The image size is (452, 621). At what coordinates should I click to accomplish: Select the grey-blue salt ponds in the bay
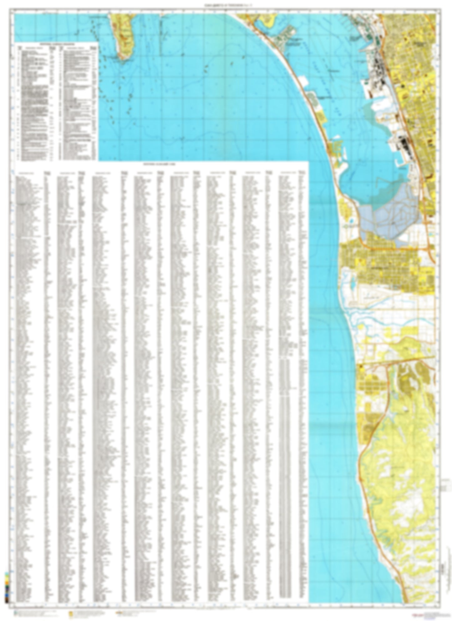(388, 213)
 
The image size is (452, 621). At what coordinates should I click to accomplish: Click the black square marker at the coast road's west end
(360, 365)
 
